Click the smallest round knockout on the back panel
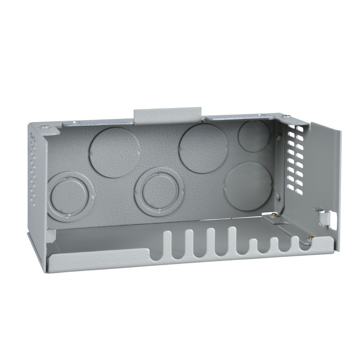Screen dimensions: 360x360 [x=254, y=136]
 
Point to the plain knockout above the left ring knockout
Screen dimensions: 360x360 [x=115, y=152]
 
